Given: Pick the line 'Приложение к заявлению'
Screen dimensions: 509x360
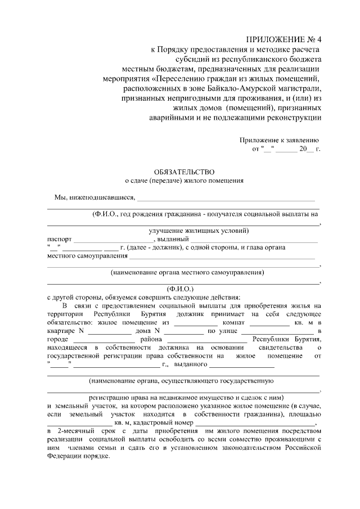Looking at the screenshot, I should point(279,140).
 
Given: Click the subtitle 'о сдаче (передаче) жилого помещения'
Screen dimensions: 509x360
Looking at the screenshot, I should point(184,181).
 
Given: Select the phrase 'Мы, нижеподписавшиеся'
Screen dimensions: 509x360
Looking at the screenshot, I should point(94,197).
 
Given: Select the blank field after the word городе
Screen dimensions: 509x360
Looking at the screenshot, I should point(96,342).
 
